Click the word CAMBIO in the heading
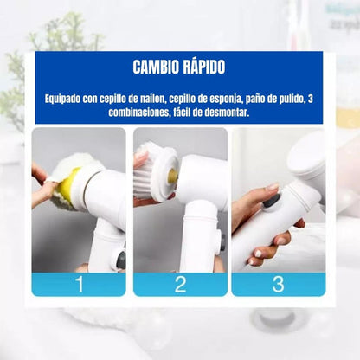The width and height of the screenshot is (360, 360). pos(156,67)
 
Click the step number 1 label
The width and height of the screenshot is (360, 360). pos(79,284)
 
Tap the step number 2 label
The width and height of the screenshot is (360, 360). pos(180,284)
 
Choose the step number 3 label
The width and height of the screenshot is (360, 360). pos(278,284)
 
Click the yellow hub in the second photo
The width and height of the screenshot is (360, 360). pos(172,176)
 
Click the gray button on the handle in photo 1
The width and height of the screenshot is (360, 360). pos(120,259)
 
